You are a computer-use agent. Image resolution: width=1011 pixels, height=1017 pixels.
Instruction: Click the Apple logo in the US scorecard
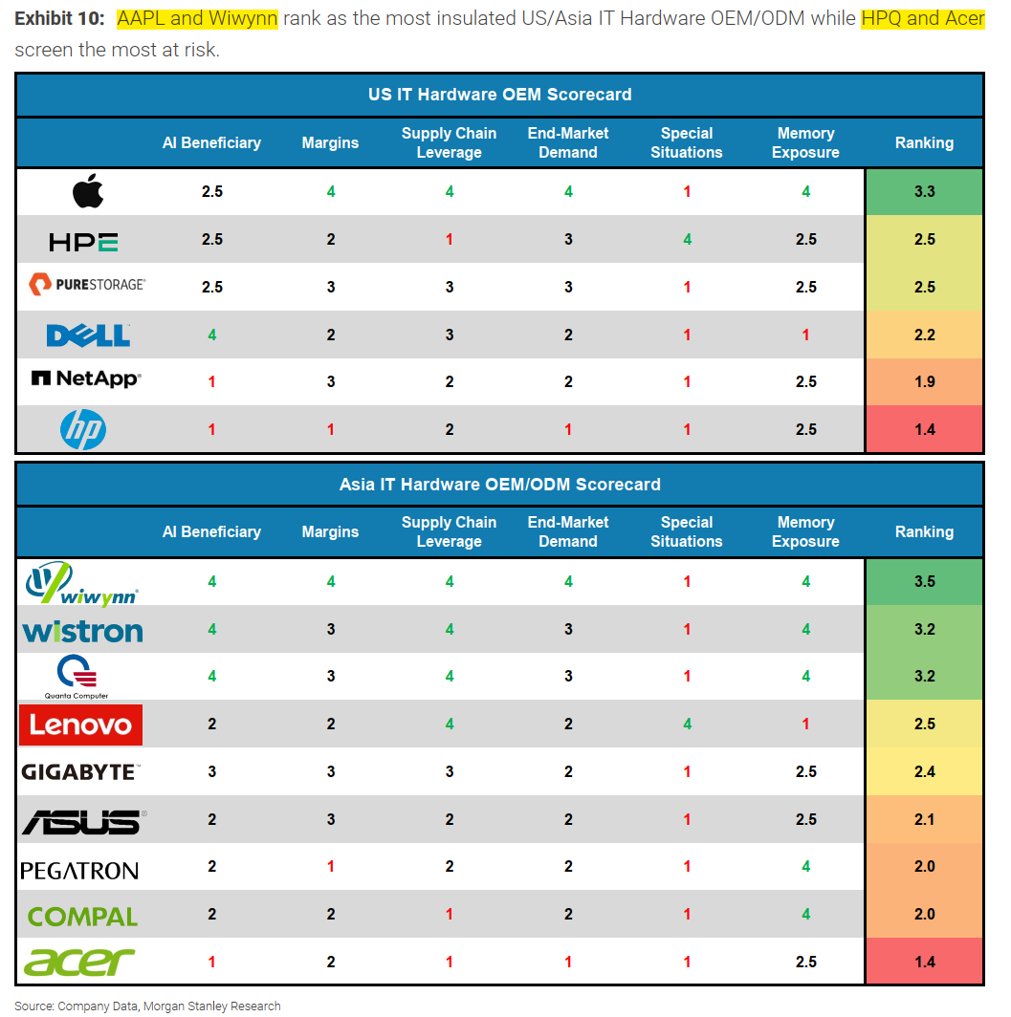click(x=88, y=192)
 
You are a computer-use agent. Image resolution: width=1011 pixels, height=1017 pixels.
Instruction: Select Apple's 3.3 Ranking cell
click(x=924, y=191)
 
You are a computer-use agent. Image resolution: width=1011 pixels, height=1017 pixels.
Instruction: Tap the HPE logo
click(x=83, y=241)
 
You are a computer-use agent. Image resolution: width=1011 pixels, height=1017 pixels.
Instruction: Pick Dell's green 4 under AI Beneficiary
click(x=211, y=335)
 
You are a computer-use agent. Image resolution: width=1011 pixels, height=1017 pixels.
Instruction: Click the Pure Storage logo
click(x=87, y=285)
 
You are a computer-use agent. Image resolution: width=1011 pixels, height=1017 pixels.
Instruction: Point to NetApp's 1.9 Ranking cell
click(x=924, y=381)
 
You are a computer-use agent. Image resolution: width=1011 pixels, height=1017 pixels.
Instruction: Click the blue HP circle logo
click(x=83, y=429)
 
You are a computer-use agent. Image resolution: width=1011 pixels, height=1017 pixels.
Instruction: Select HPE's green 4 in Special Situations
click(x=687, y=239)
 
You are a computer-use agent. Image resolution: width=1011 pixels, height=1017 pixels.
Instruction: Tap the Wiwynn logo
click(x=82, y=582)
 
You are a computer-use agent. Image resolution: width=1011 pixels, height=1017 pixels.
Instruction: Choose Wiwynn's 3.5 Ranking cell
click(x=924, y=581)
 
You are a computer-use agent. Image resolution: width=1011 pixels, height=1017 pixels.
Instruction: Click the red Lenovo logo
click(x=81, y=725)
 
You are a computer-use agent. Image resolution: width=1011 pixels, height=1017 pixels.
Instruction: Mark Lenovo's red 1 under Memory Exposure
click(x=805, y=724)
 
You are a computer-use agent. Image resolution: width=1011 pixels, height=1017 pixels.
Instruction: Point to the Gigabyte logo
click(x=80, y=772)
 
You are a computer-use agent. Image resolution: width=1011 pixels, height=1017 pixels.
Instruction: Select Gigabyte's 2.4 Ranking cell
click(x=924, y=771)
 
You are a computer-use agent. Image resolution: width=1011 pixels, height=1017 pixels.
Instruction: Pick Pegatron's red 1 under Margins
click(x=330, y=866)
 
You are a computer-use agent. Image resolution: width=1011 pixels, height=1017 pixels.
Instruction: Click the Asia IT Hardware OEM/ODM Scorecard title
click(x=499, y=485)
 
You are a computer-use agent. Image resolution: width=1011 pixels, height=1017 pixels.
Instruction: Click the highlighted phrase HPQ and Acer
click(x=923, y=18)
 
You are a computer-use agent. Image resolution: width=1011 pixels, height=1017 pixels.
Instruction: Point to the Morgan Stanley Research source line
click(x=147, y=1006)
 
